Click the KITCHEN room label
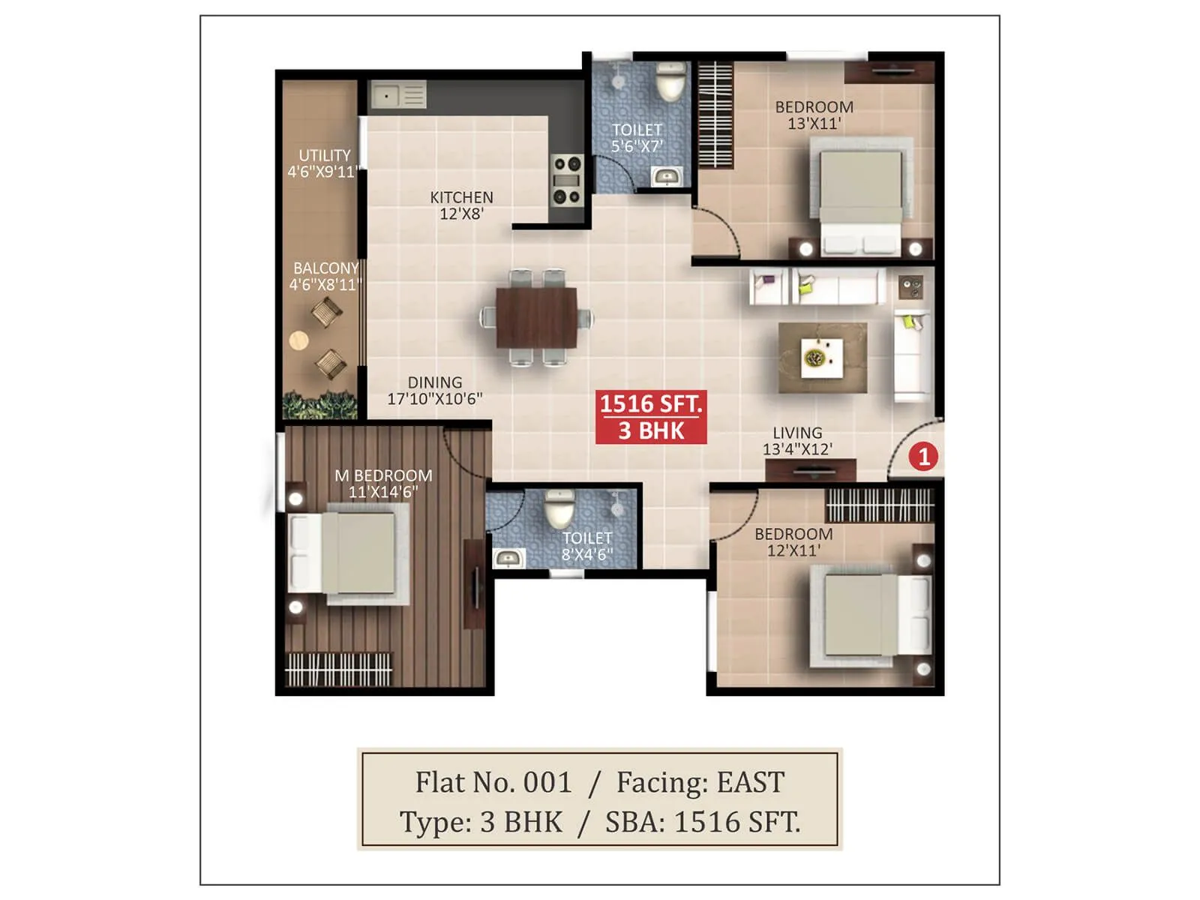click(461, 197)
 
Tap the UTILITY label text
click(324, 155)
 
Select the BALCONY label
click(325, 268)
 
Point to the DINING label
click(435, 382)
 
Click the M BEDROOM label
click(383, 475)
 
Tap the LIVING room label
click(797, 433)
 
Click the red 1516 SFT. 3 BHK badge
click(651, 417)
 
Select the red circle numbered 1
click(923, 456)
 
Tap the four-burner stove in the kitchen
click(566, 180)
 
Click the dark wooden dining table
click(537, 318)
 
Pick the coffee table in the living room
click(822, 358)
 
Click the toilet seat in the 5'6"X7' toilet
click(670, 83)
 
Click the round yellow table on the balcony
click(298, 340)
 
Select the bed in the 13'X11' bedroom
click(860, 196)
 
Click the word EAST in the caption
click(751, 782)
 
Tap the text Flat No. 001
click(493, 782)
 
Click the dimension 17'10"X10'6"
click(435, 399)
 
